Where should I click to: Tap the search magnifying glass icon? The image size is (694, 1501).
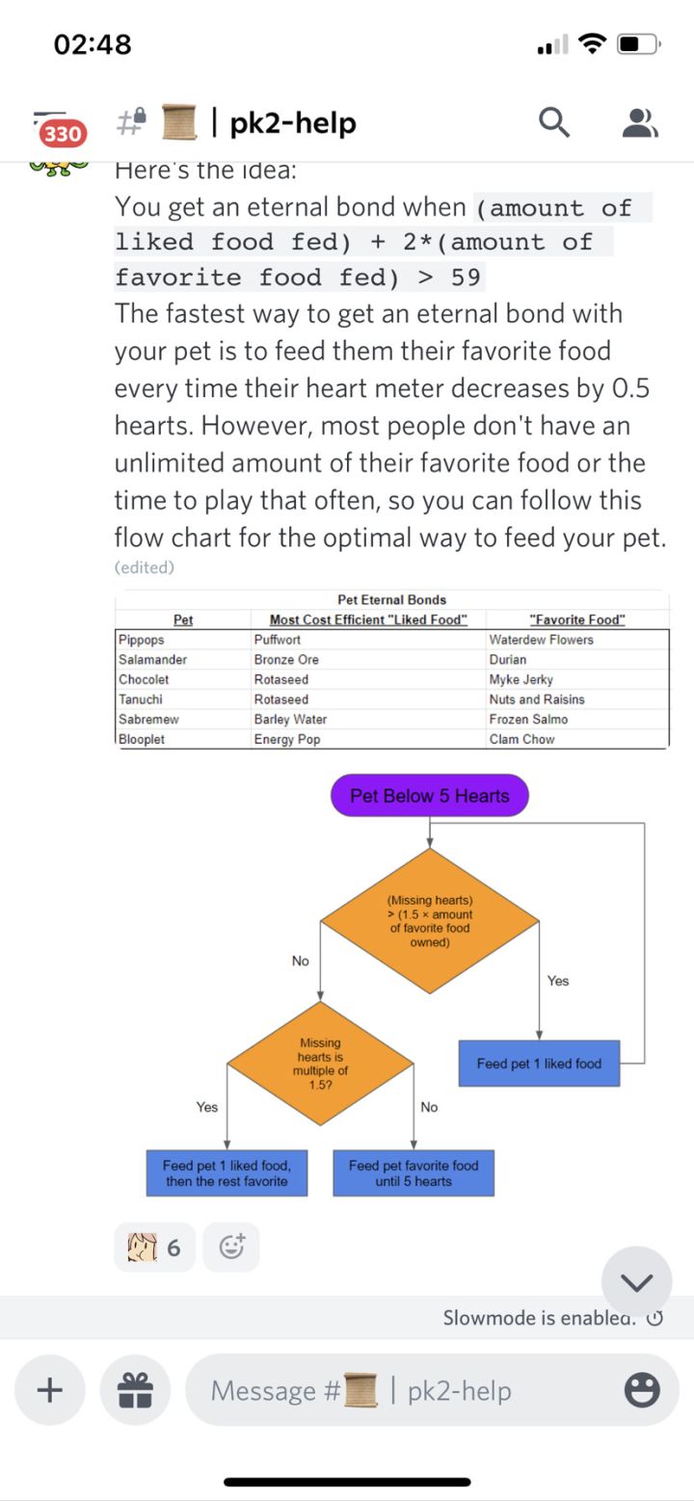tap(553, 122)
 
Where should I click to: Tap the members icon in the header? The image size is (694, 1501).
tap(640, 122)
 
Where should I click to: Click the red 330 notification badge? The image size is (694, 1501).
tap(63, 133)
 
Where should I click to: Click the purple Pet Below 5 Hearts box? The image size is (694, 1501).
tap(429, 796)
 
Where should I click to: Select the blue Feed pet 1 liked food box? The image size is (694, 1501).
tap(539, 1064)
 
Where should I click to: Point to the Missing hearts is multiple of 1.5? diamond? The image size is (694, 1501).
tap(320, 1064)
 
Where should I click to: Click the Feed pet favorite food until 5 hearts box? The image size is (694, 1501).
tap(414, 1172)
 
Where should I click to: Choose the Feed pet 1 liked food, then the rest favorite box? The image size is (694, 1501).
tap(227, 1172)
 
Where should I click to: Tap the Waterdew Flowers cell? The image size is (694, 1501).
tap(542, 640)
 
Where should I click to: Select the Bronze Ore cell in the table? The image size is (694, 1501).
tap(286, 660)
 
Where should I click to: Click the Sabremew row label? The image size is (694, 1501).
tap(148, 720)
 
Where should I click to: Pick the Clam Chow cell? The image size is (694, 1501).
tap(521, 740)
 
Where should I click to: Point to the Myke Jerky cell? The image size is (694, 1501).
tap(521, 680)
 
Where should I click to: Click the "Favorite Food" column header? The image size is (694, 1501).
tap(577, 619)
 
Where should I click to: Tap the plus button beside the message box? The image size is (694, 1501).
tap(49, 1390)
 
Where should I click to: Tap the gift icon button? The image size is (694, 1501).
tap(135, 1390)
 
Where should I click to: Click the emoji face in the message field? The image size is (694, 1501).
tap(642, 1390)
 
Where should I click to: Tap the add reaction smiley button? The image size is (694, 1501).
tap(231, 1248)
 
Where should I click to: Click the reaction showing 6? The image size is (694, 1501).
tap(154, 1248)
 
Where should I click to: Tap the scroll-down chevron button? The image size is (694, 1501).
tap(636, 1281)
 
